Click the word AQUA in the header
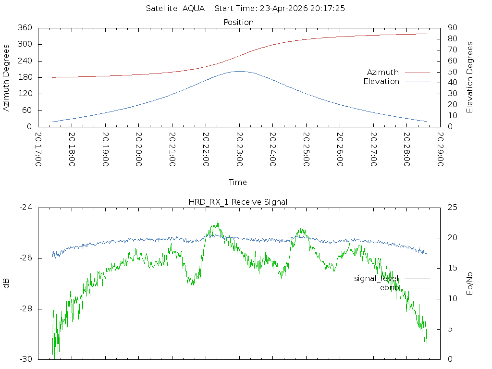[x=194, y=8]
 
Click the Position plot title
[x=238, y=22]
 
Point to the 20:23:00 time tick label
[x=239, y=149]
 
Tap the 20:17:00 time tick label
[x=38, y=149]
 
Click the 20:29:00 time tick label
[x=441, y=149]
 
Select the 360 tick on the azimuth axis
[x=25, y=27]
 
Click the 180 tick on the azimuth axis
[x=25, y=77]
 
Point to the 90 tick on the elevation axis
[x=452, y=27]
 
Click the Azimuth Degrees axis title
[x=6, y=78]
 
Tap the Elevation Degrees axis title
[x=469, y=77]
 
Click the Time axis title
[x=237, y=182]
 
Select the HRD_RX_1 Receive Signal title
[x=238, y=202]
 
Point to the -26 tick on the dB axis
[x=26, y=258]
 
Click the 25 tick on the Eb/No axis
[x=453, y=207]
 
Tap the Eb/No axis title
[x=469, y=283]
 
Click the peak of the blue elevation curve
[x=239, y=71]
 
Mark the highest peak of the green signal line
[x=218, y=221]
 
